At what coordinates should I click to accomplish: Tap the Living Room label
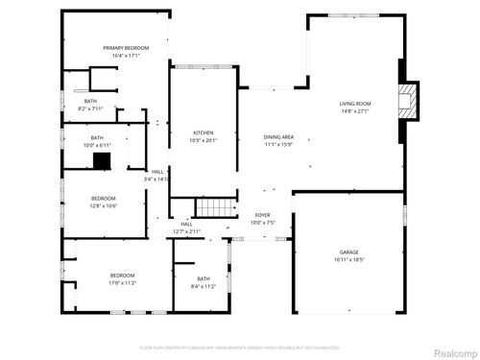click(x=355, y=104)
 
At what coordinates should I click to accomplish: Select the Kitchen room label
click(x=203, y=132)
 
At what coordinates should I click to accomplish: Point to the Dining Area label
click(x=278, y=137)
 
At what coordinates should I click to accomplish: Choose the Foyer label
click(x=262, y=215)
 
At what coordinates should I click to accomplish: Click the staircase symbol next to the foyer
click(x=215, y=207)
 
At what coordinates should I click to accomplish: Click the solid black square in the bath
click(x=103, y=161)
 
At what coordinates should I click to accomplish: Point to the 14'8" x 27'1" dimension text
click(x=355, y=111)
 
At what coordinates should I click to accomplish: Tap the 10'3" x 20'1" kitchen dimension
click(x=203, y=140)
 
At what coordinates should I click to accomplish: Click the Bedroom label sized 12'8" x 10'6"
click(x=103, y=199)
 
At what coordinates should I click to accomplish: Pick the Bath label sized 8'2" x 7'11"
click(x=90, y=101)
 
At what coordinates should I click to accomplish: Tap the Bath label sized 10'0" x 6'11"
click(x=97, y=137)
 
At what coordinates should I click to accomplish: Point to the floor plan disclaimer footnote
click(x=239, y=347)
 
